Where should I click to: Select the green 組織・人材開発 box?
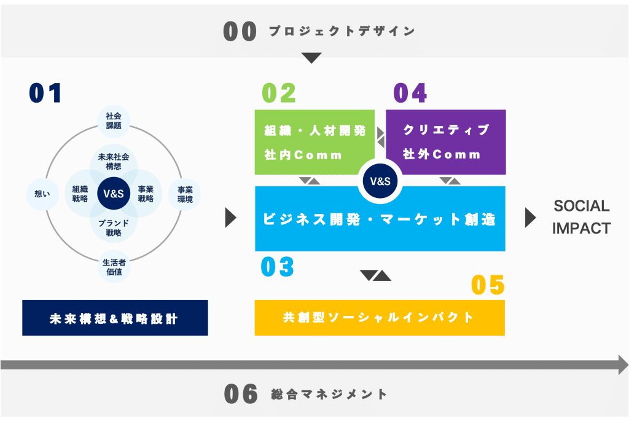pyautogui.click(x=314, y=142)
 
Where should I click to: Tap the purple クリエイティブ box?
pyautogui.click(x=446, y=142)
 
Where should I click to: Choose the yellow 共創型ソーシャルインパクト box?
pyautogui.click(x=380, y=318)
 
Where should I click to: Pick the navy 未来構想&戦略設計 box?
pyautogui.click(x=115, y=318)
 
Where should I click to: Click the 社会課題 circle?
pyautogui.click(x=114, y=120)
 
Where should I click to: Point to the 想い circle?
pyautogui.click(x=42, y=194)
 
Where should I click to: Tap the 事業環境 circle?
pyautogui.click(x=185, y=194)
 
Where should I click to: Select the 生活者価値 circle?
pyautogui.click(x=114, y=267)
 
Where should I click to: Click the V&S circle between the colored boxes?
pyautogui.click(x=380, y=181)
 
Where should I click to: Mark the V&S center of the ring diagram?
pyautogui.click(x=114, y=194)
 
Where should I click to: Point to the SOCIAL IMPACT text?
pyautogui.click(x=580, y=217)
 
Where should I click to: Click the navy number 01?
pyautogui.click(x=45, y=93)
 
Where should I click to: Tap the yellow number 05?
pyautogui.click(x=488, y=285)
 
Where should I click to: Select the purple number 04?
pyautogui.click(x=410, y=93)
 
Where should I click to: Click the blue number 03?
pyautogui.click(x=277, y=267)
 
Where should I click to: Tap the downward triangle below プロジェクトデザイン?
pyautogui.click(x=311, y=58)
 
